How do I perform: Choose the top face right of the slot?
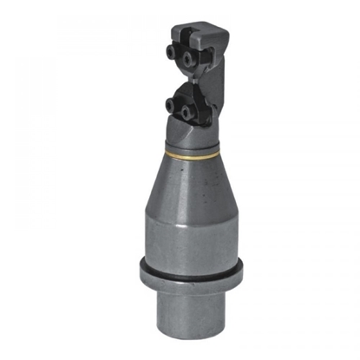[x=217, y=34]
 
